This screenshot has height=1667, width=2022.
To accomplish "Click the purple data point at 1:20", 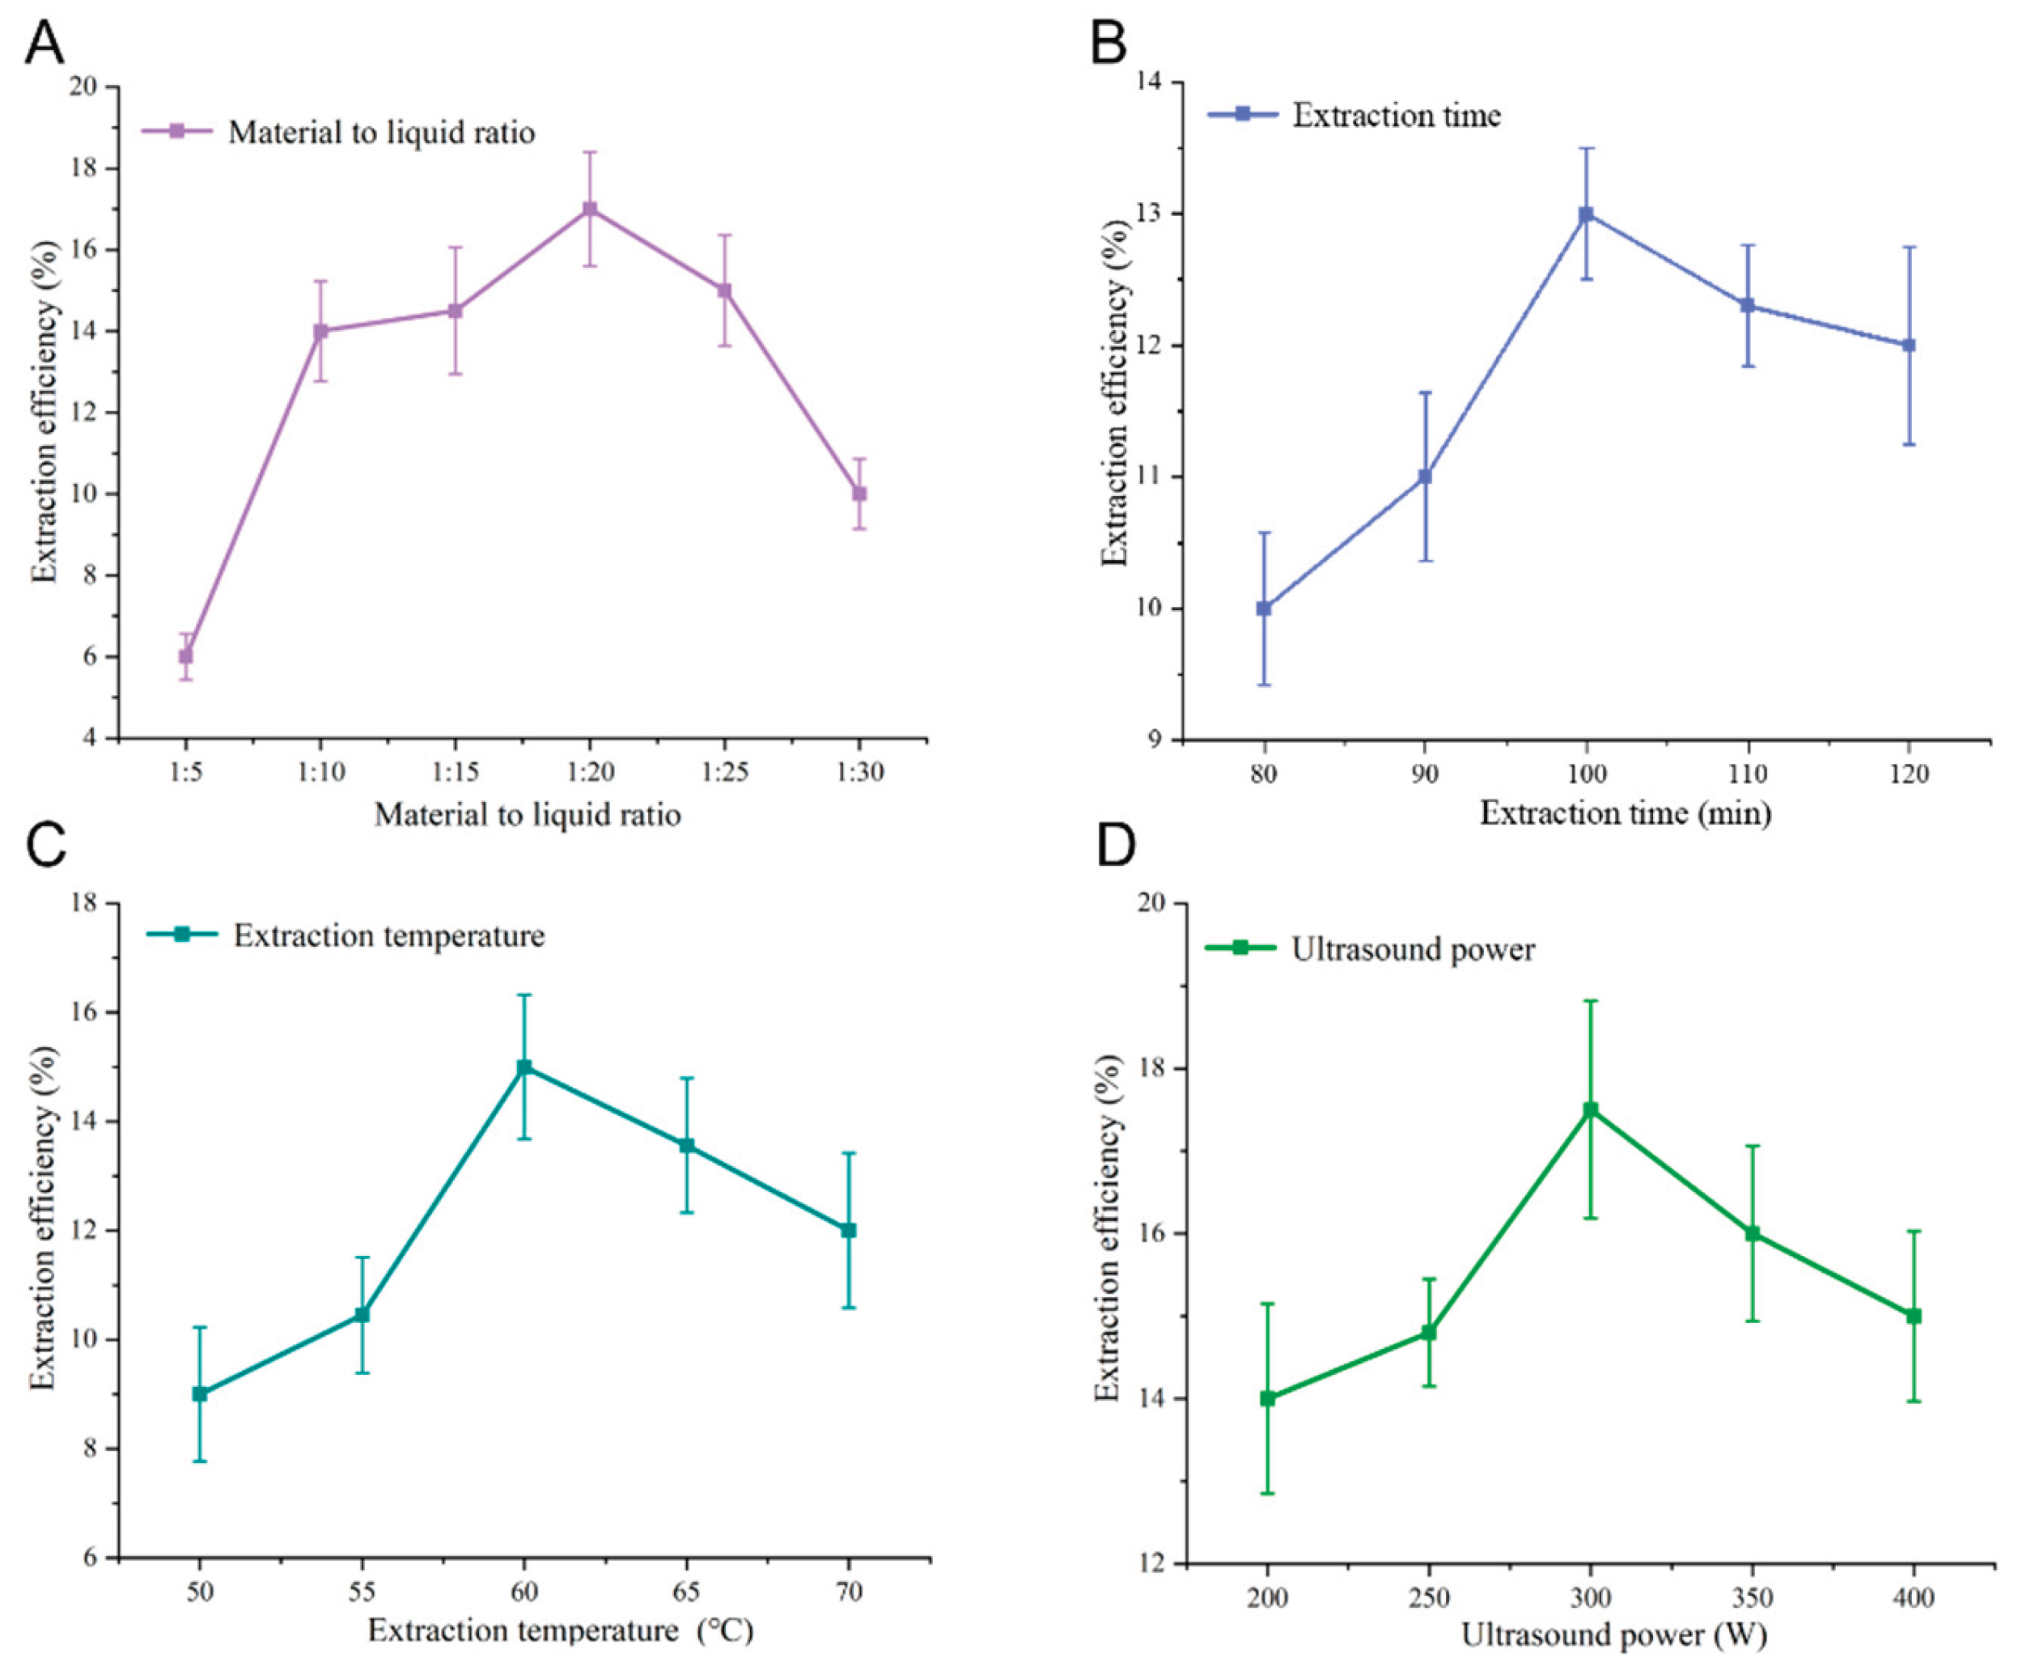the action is point(590,209).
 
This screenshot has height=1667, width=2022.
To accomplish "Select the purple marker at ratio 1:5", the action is point(185,655).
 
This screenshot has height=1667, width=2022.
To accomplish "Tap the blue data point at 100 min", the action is point(1586,214).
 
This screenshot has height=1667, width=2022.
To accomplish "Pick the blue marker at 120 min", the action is point(1909,345).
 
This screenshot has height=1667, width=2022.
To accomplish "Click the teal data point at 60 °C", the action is point(524,1067).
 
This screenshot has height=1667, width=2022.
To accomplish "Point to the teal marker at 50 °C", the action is point(200,1393).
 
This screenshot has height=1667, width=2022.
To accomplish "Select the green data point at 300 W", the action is point(1590,1109).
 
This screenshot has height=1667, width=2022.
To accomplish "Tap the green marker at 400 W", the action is point(1914,1316).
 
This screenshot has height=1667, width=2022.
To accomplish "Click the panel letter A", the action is point(45,42).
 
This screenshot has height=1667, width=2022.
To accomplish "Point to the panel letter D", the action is point(1117,845).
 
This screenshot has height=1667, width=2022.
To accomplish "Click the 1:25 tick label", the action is point(724,772).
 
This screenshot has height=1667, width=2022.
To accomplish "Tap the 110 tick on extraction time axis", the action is point(1748,774).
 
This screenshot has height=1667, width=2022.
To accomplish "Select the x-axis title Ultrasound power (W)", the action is point(1614,1635).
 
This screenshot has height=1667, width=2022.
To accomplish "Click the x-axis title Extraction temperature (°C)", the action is point(561,1631).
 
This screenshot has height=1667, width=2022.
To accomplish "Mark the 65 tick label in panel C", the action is point(686,1592).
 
